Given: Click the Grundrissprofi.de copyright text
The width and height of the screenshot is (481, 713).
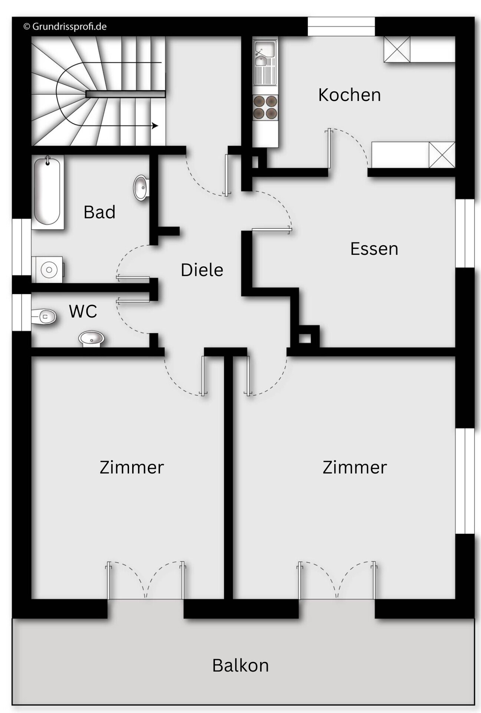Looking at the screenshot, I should click(65, 27).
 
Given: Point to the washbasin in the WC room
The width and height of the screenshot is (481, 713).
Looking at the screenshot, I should click(91, 338).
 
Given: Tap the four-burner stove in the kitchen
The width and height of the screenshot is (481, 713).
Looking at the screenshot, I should click(265, 107).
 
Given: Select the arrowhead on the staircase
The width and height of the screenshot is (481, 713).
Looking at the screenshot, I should click(155, 126).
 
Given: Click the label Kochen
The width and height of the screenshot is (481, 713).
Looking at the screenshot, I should click(349, 95).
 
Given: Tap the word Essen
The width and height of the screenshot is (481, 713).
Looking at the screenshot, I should click(374, 249).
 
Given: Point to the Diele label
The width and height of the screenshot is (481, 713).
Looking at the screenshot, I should click(202, 270).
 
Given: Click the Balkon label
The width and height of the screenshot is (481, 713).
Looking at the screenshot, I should click(240, 665).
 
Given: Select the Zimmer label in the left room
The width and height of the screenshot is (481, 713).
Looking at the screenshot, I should click(132, 467).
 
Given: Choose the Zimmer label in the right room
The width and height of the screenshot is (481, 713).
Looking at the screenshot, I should click(354, 467).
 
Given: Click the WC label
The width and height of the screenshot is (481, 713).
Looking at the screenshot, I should click(83, 311).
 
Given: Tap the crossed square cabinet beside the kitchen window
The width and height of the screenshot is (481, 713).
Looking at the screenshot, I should click(397, 49).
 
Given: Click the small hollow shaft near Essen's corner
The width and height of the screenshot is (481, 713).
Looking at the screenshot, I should click(305, 338).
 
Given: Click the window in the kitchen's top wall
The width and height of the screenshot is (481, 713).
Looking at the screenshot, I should click(341, 27).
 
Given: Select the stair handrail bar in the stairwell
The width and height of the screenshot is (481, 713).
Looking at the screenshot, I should click(125, 94).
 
